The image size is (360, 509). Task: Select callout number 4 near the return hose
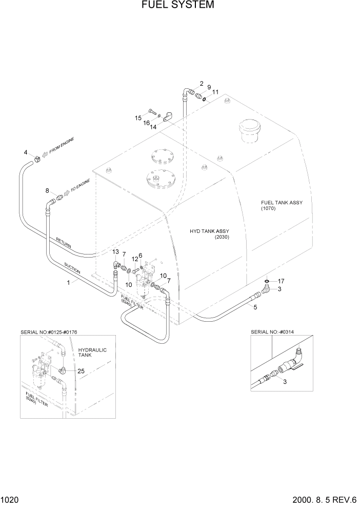(x=26, y=152)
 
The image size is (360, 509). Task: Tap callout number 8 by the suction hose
(x=47, y=191)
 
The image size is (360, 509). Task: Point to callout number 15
(x=138, y=118)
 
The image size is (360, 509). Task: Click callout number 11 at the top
(x=216, y=92)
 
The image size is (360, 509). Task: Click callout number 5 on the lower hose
(x=255, y=307)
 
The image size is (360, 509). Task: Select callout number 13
(x=116, y=252)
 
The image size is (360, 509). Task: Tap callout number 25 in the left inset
(x=81, y=370)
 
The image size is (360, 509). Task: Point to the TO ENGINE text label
(x=81, y=185)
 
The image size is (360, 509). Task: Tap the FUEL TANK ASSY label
(x=282, y=205)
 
